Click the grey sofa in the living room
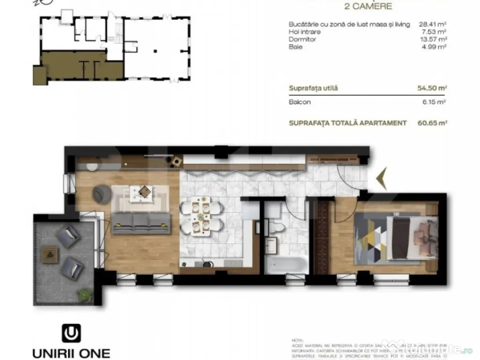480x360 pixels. pyautogui.click(x=141, y=223)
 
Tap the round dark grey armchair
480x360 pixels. pyautogui.click(x=101, y=194)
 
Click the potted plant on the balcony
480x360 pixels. pyautogui.click(x=84, y=295)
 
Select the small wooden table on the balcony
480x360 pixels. pyautogui.click(x=49, y=255)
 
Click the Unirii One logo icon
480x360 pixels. pyautogui.click(x=71, y=333)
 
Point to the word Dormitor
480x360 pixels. pyautogui.click(x=303, y=39)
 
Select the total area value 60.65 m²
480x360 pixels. pyautogui.click(x=432, y=123)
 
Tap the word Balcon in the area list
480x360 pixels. pyautogui.click(x=300, y=102)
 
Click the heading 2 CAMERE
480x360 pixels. pyautogui.click(x=368, y=7)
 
